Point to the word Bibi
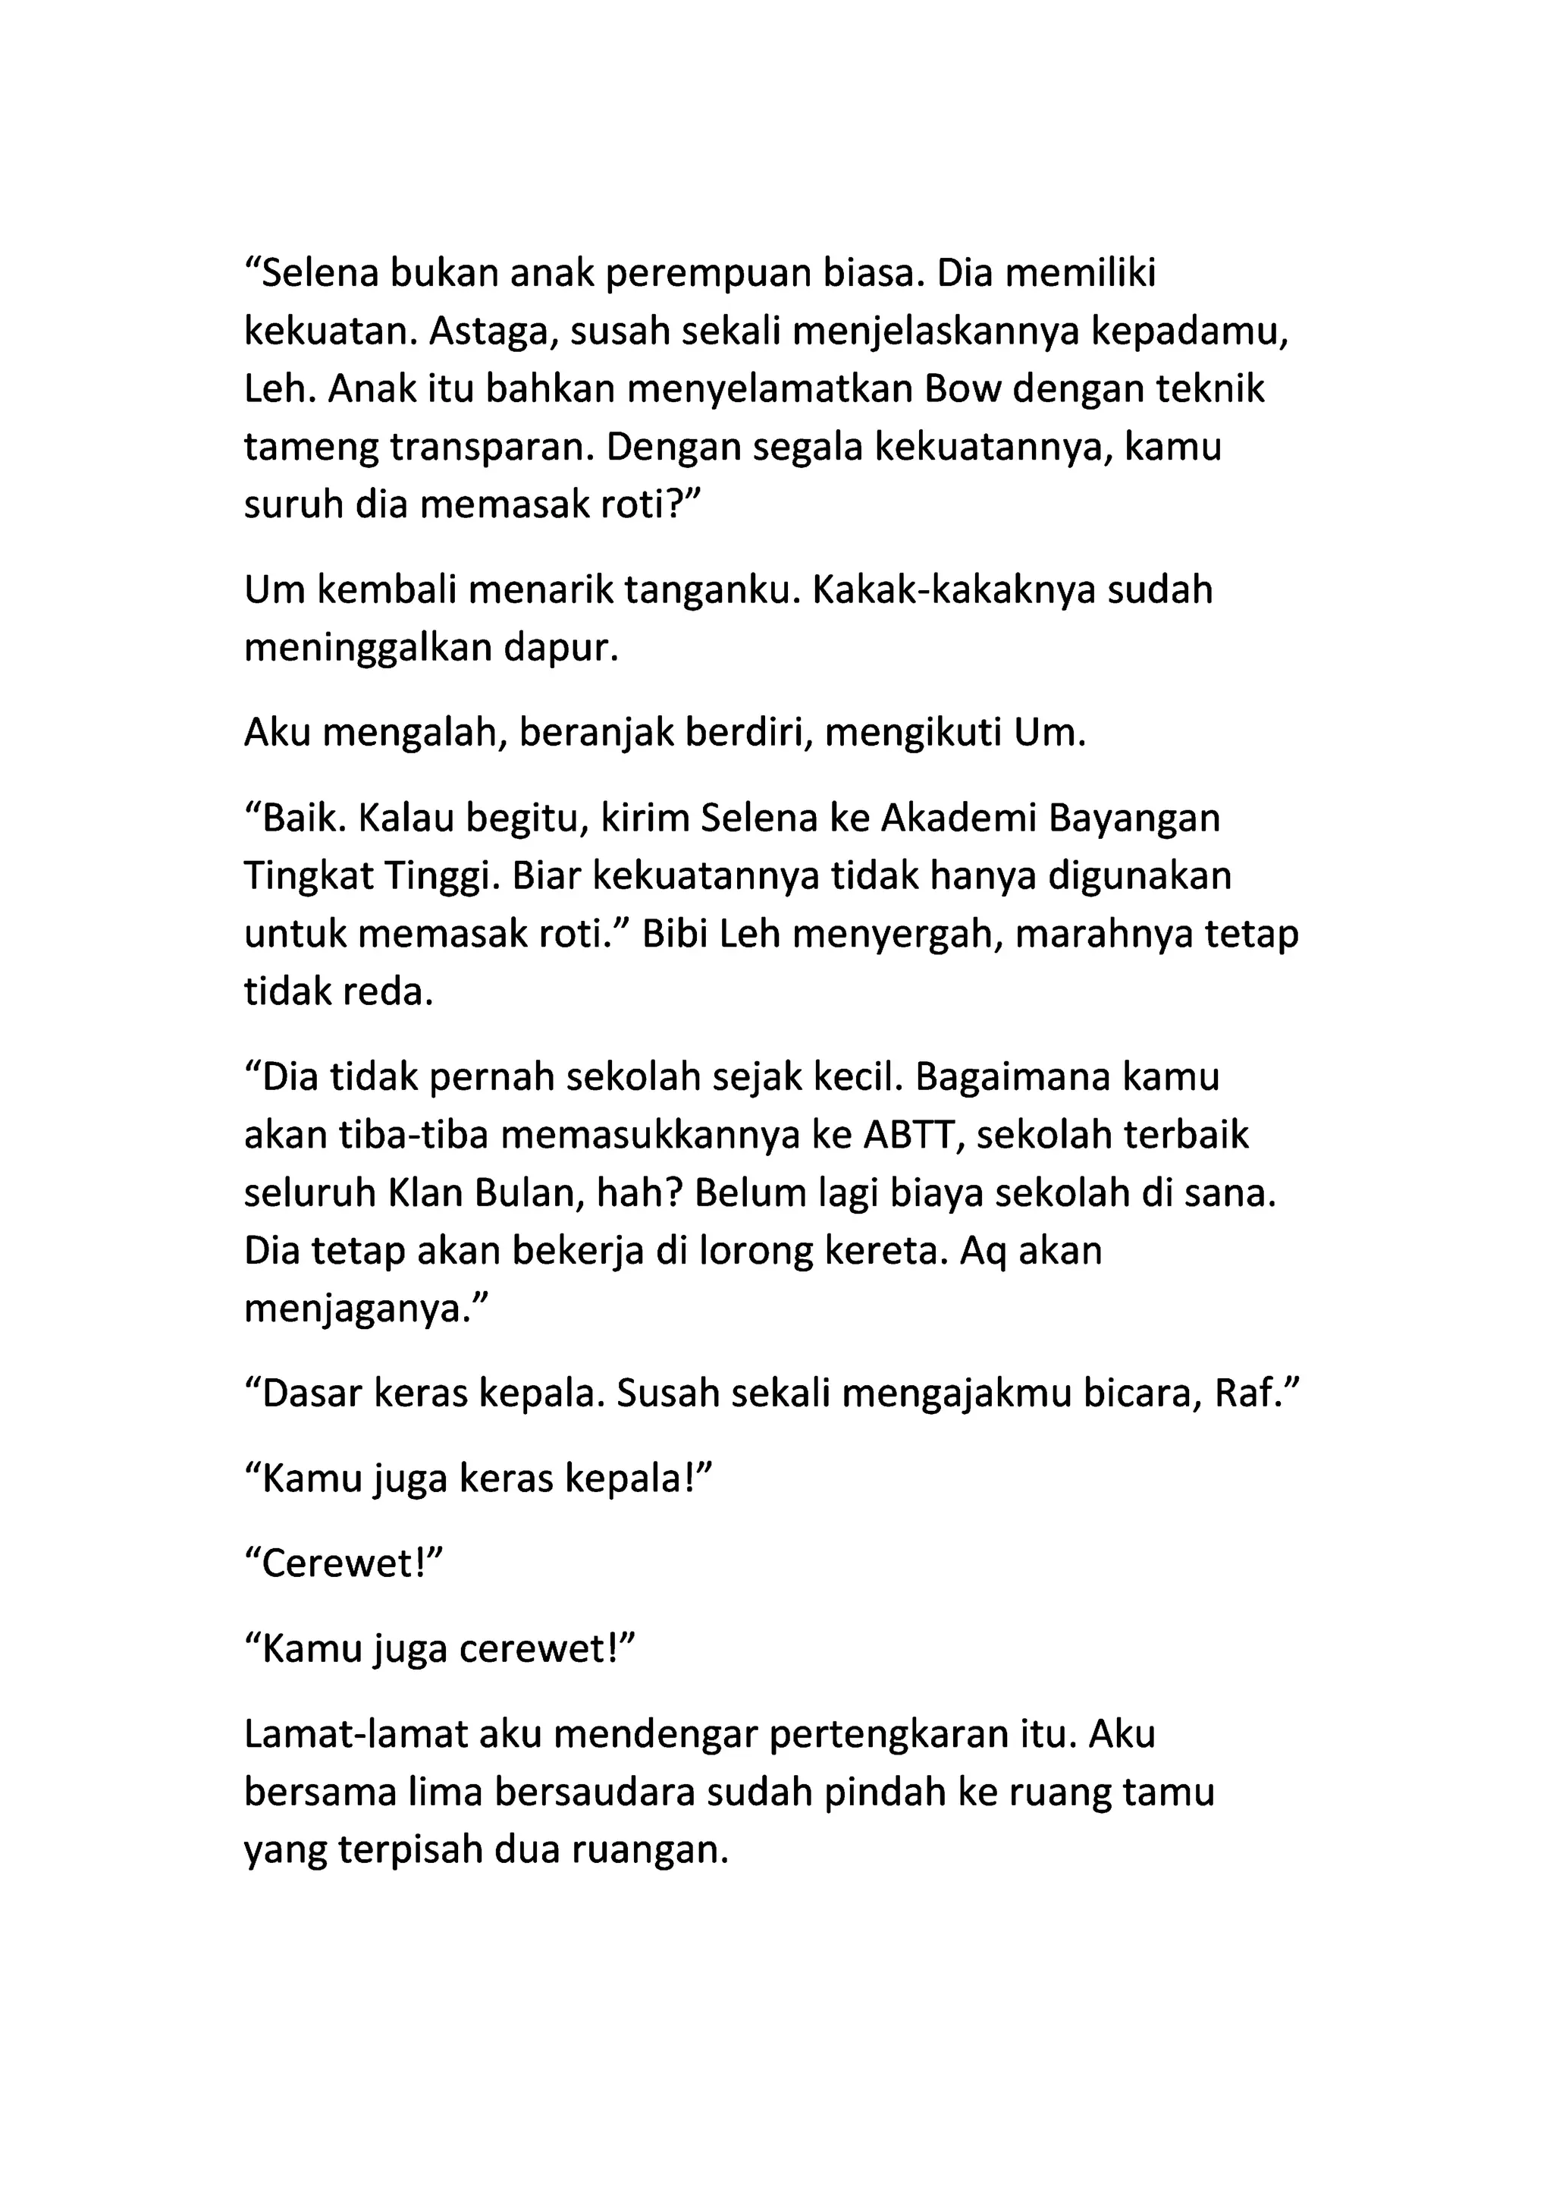point(674,935)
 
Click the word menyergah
point(895,935)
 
